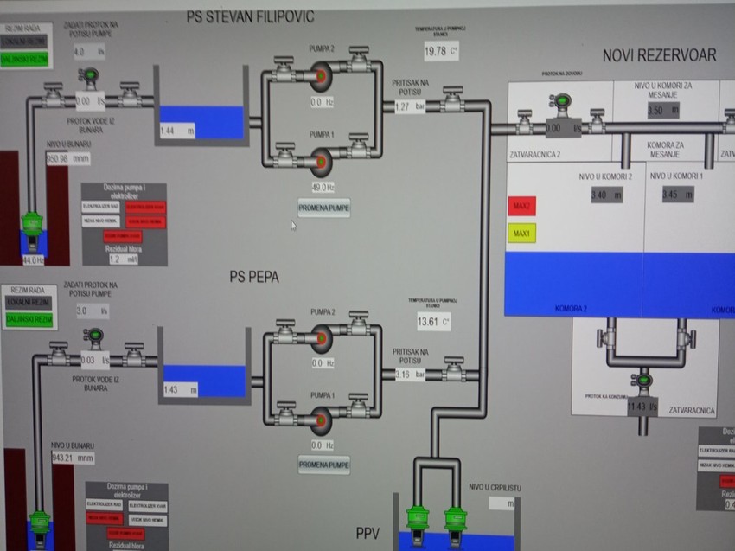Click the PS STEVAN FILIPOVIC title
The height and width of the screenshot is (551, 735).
[251, 16]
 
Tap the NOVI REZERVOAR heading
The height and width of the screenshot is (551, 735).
[659, 55]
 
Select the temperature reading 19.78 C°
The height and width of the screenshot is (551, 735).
[436, 51]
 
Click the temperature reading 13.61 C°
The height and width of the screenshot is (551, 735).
[430, 322]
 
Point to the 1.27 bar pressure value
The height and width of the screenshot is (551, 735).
[402, 107]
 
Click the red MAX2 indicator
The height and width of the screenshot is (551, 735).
[521, 207]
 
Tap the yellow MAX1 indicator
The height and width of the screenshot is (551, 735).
[521, 234]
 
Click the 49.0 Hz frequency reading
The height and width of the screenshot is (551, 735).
[323, 187]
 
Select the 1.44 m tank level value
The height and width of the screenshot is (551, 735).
[170, 131]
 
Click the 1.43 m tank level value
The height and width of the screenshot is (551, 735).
[173, 390]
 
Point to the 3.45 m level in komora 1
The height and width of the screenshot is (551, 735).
[674, 195]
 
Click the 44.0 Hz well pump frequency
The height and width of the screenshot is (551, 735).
[33, 259]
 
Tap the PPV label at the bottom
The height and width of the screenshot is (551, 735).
[368, 532]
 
